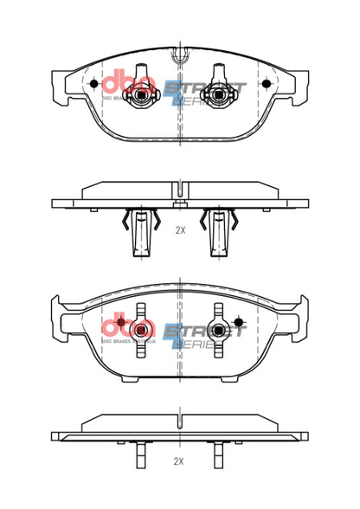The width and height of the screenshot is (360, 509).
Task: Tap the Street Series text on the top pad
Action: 204,93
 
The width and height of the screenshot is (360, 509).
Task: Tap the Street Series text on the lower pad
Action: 204,336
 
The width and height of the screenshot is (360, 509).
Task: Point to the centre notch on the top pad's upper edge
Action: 180,57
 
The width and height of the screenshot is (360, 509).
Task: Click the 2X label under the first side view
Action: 180,231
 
